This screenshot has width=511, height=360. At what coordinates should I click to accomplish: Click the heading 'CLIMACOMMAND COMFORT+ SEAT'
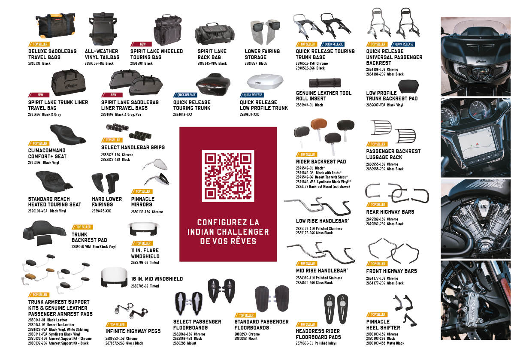47,153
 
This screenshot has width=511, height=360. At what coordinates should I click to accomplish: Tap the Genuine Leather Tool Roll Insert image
324,82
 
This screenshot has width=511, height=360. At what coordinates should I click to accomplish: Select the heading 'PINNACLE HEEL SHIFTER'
383,325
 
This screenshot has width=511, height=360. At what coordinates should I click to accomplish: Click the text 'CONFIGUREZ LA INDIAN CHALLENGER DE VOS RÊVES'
228,232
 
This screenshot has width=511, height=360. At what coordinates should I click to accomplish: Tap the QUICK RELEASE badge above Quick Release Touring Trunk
185,95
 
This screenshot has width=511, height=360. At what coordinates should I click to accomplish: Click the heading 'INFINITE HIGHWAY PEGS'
133,331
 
